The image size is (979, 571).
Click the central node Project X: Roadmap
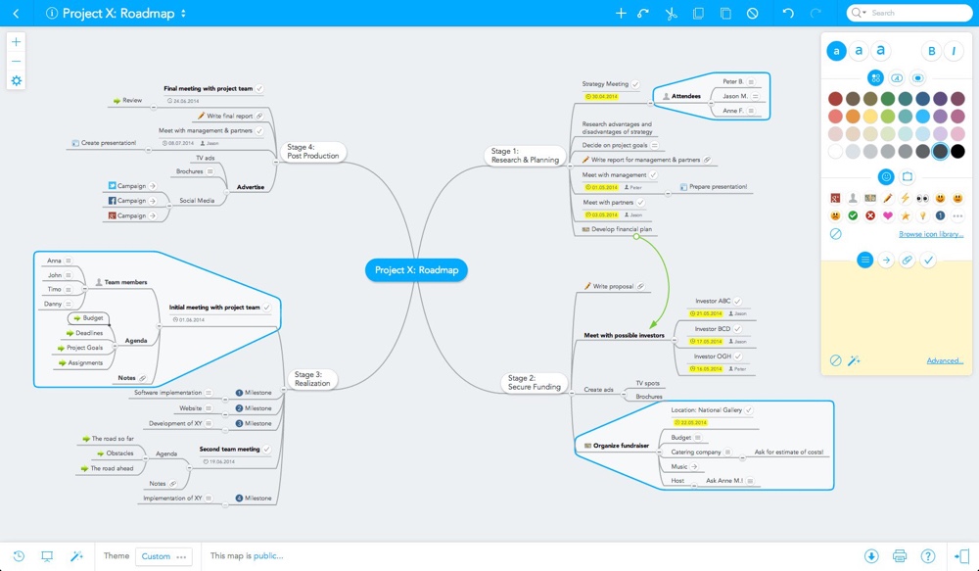click(x=416, y=270)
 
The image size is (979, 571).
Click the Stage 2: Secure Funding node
click(x=534, y=382)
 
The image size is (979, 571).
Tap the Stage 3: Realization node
click(x=314, y=379)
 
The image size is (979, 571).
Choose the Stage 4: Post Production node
click(x=312, y=152)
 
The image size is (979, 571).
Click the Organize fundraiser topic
click(x=621, y=446)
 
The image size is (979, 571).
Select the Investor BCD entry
click(x=712, y=329)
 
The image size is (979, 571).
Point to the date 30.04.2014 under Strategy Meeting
click(x=604, y=96)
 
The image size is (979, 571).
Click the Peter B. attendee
click(x=732, y=82)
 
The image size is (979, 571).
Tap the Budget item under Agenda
click(x=93, y=318)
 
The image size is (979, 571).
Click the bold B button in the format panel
click(x=931, y=51)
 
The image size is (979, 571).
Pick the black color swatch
click(x=957, y=151)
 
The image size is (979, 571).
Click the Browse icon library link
click(x=931, y=234)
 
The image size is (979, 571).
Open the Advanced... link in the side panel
click(x=945, y=360)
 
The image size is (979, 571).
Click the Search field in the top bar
click(x=910, y=13)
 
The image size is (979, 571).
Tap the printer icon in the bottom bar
click(x=900, y=556)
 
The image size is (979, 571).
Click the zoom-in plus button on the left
click(x=16, y=42)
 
